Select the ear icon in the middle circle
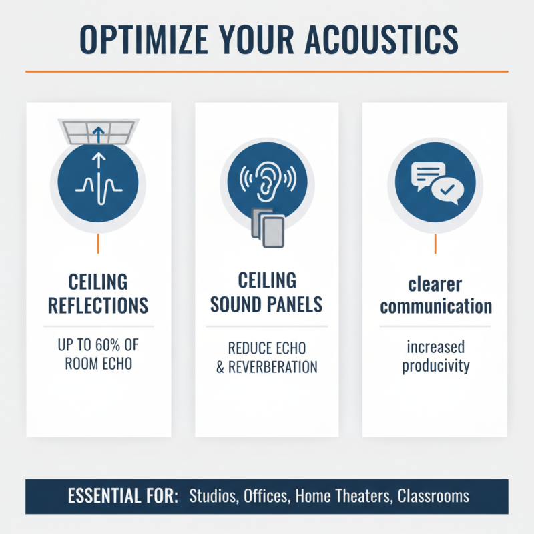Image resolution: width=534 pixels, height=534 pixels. (266, 180)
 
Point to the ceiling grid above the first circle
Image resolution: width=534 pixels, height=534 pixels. (98, 130)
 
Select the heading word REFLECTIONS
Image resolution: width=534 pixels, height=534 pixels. (98, 306)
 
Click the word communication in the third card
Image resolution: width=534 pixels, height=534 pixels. (435, 307)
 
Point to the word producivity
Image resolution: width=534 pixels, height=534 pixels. (435, 367)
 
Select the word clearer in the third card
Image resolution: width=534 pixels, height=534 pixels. (435, 284)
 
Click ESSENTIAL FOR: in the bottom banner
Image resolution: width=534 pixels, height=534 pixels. (122, 497)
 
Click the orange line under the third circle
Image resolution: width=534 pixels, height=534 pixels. (435, 244)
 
